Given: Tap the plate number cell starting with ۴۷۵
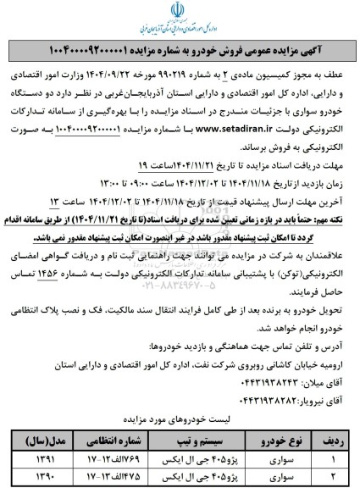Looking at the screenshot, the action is pyautogui.click(x=115, y=480).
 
